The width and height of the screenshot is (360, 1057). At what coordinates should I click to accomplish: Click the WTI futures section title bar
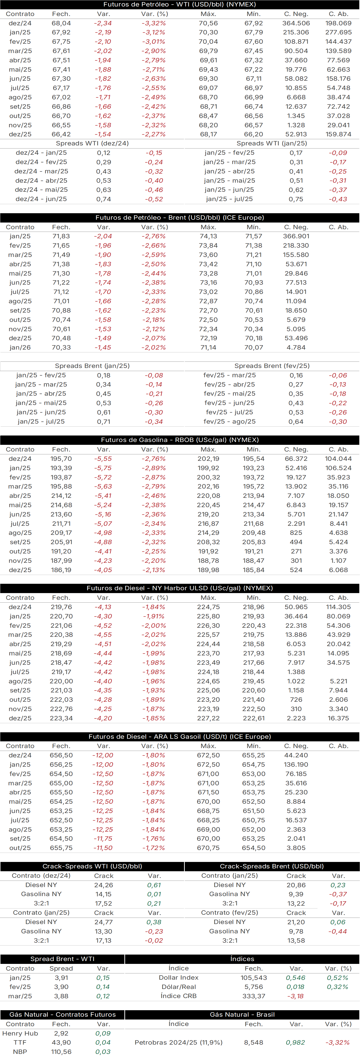click(180, 5)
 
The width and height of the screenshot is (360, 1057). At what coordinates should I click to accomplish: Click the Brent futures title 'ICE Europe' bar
click(180, 218)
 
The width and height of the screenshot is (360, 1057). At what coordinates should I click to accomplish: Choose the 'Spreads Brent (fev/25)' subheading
click(272, 366)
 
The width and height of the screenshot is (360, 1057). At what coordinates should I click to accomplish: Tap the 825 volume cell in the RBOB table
click(296, 533)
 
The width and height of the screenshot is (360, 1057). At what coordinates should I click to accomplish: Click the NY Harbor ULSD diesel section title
click(180, 588)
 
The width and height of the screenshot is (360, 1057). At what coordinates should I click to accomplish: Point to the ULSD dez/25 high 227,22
click(209, 718)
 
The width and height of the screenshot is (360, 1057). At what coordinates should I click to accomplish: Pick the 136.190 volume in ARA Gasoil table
click(296, 765)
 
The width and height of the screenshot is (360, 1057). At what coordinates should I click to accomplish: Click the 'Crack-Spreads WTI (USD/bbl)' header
click(92, 866)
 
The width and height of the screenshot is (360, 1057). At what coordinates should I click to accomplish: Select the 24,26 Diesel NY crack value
click(103, 885)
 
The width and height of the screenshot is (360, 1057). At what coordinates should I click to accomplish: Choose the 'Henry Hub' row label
click(20, 1033)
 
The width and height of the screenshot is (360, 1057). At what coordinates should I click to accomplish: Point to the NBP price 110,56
click(61, 1052)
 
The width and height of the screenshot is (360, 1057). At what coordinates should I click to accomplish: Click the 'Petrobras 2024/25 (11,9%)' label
click(179, 1042)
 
